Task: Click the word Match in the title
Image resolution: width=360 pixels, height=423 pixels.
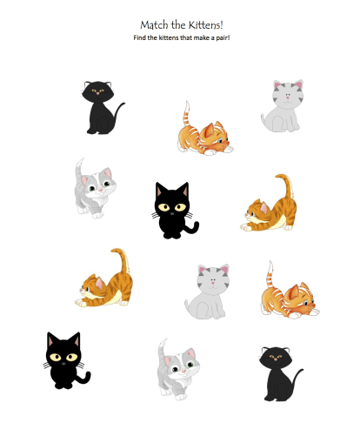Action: [154, 25]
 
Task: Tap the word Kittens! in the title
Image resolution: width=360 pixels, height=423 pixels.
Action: [205, 25]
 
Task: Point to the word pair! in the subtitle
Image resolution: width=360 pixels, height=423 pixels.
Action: [220, 38]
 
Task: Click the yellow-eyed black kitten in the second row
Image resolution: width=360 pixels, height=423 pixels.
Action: [174, 211]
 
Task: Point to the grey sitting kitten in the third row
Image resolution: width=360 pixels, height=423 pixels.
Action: [206, 291]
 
